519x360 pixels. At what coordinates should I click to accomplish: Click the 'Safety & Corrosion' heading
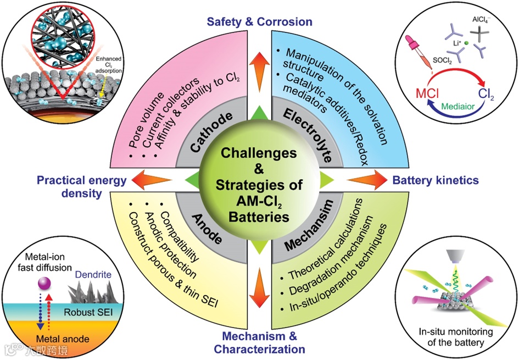(259, 22)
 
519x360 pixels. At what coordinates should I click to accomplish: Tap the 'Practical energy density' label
(82, 186)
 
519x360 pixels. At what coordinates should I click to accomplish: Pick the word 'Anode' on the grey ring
(208, 226)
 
